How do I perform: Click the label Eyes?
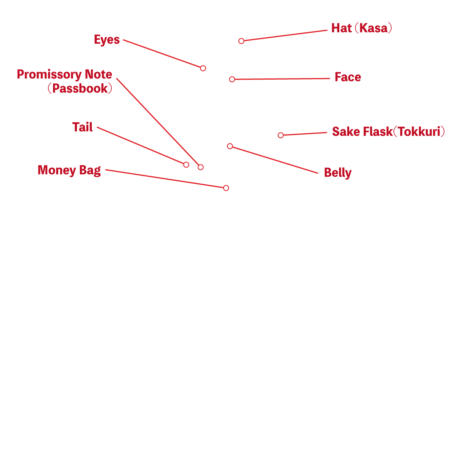tap(107, 40)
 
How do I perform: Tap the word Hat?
tap(341, 28)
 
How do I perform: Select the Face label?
tap(347, 77)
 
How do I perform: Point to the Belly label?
tap(337, 173)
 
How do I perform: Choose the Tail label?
tap(82, 127)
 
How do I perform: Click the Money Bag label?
tap(69, 170)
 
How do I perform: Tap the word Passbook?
tap(80, 89)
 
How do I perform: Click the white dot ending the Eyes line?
tap(203, 68)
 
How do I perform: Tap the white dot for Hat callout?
tap(241, 41)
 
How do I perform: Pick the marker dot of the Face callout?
tap(232, 79)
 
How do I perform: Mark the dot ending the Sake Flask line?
tap(281, 135)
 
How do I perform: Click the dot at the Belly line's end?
tap(230, 146)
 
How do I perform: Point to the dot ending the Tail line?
tap(186, 165)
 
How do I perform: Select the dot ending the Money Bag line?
tap(226, 188)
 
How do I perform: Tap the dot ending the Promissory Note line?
tap(201, 167)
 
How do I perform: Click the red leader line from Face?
tap(282, 79)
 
